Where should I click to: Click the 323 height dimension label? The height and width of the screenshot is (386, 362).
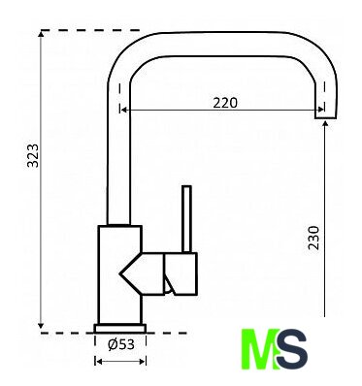(33, 155)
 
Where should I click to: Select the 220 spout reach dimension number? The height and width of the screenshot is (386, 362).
(225, 103)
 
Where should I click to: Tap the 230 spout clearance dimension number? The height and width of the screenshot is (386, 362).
(313, 238)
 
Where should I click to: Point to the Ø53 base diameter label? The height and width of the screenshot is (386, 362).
(120, 344)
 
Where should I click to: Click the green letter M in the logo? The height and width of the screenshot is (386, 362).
(260, 348)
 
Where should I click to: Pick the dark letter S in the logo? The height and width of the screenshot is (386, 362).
(292, 348)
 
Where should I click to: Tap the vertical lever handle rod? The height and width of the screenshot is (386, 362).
(186, 219)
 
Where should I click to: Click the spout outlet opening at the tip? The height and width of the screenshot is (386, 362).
(326, 117)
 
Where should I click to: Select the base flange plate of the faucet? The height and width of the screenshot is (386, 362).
(120, 328)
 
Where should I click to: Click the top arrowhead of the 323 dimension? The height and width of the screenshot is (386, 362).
(41, 33)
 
